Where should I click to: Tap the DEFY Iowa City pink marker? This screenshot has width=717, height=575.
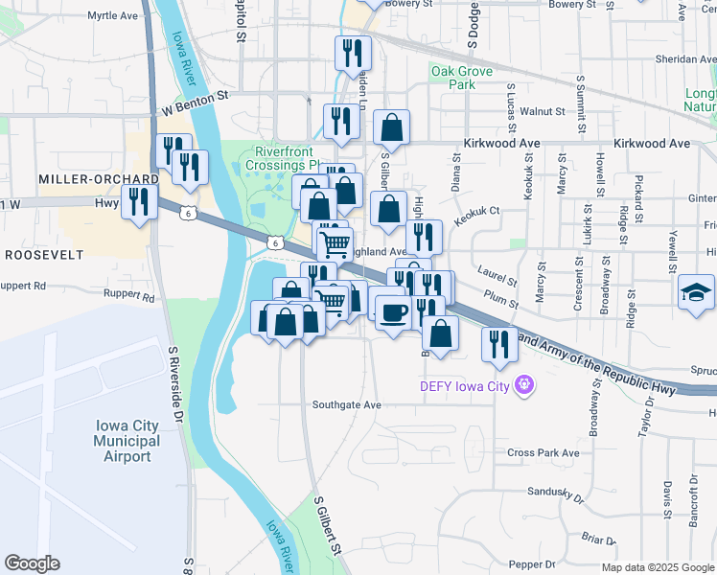(x=524, y=386)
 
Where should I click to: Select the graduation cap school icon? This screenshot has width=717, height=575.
(x=696, y=291)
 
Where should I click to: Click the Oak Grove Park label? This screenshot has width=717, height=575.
(x=461, y=78)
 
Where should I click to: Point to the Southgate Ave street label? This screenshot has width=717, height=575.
(x=347, y=405)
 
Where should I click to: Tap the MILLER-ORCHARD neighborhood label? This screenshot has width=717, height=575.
(x=84, y=179)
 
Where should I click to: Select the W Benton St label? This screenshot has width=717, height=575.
(x=197, y=96)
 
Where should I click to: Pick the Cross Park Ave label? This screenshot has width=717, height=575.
(x=544, y=452)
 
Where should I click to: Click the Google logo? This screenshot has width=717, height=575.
(x=32, y=563)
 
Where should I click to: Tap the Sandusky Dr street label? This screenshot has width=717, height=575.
(x=555, y=494)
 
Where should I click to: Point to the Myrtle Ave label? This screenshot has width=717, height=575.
(x=112, y=16)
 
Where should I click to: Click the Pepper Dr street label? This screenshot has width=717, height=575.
(x=533, y=565)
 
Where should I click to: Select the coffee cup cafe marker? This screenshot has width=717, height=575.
(x=392, y=310)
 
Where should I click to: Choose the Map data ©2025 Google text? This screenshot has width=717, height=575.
(x=657, y=567)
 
